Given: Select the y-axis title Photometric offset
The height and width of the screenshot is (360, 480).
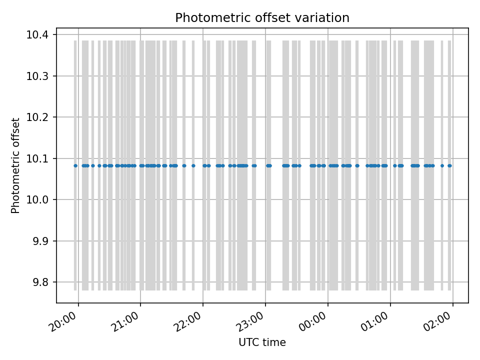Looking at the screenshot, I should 15,165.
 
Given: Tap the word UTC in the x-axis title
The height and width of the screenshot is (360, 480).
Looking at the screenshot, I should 249,342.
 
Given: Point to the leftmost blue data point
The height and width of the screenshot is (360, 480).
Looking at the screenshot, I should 75,165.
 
